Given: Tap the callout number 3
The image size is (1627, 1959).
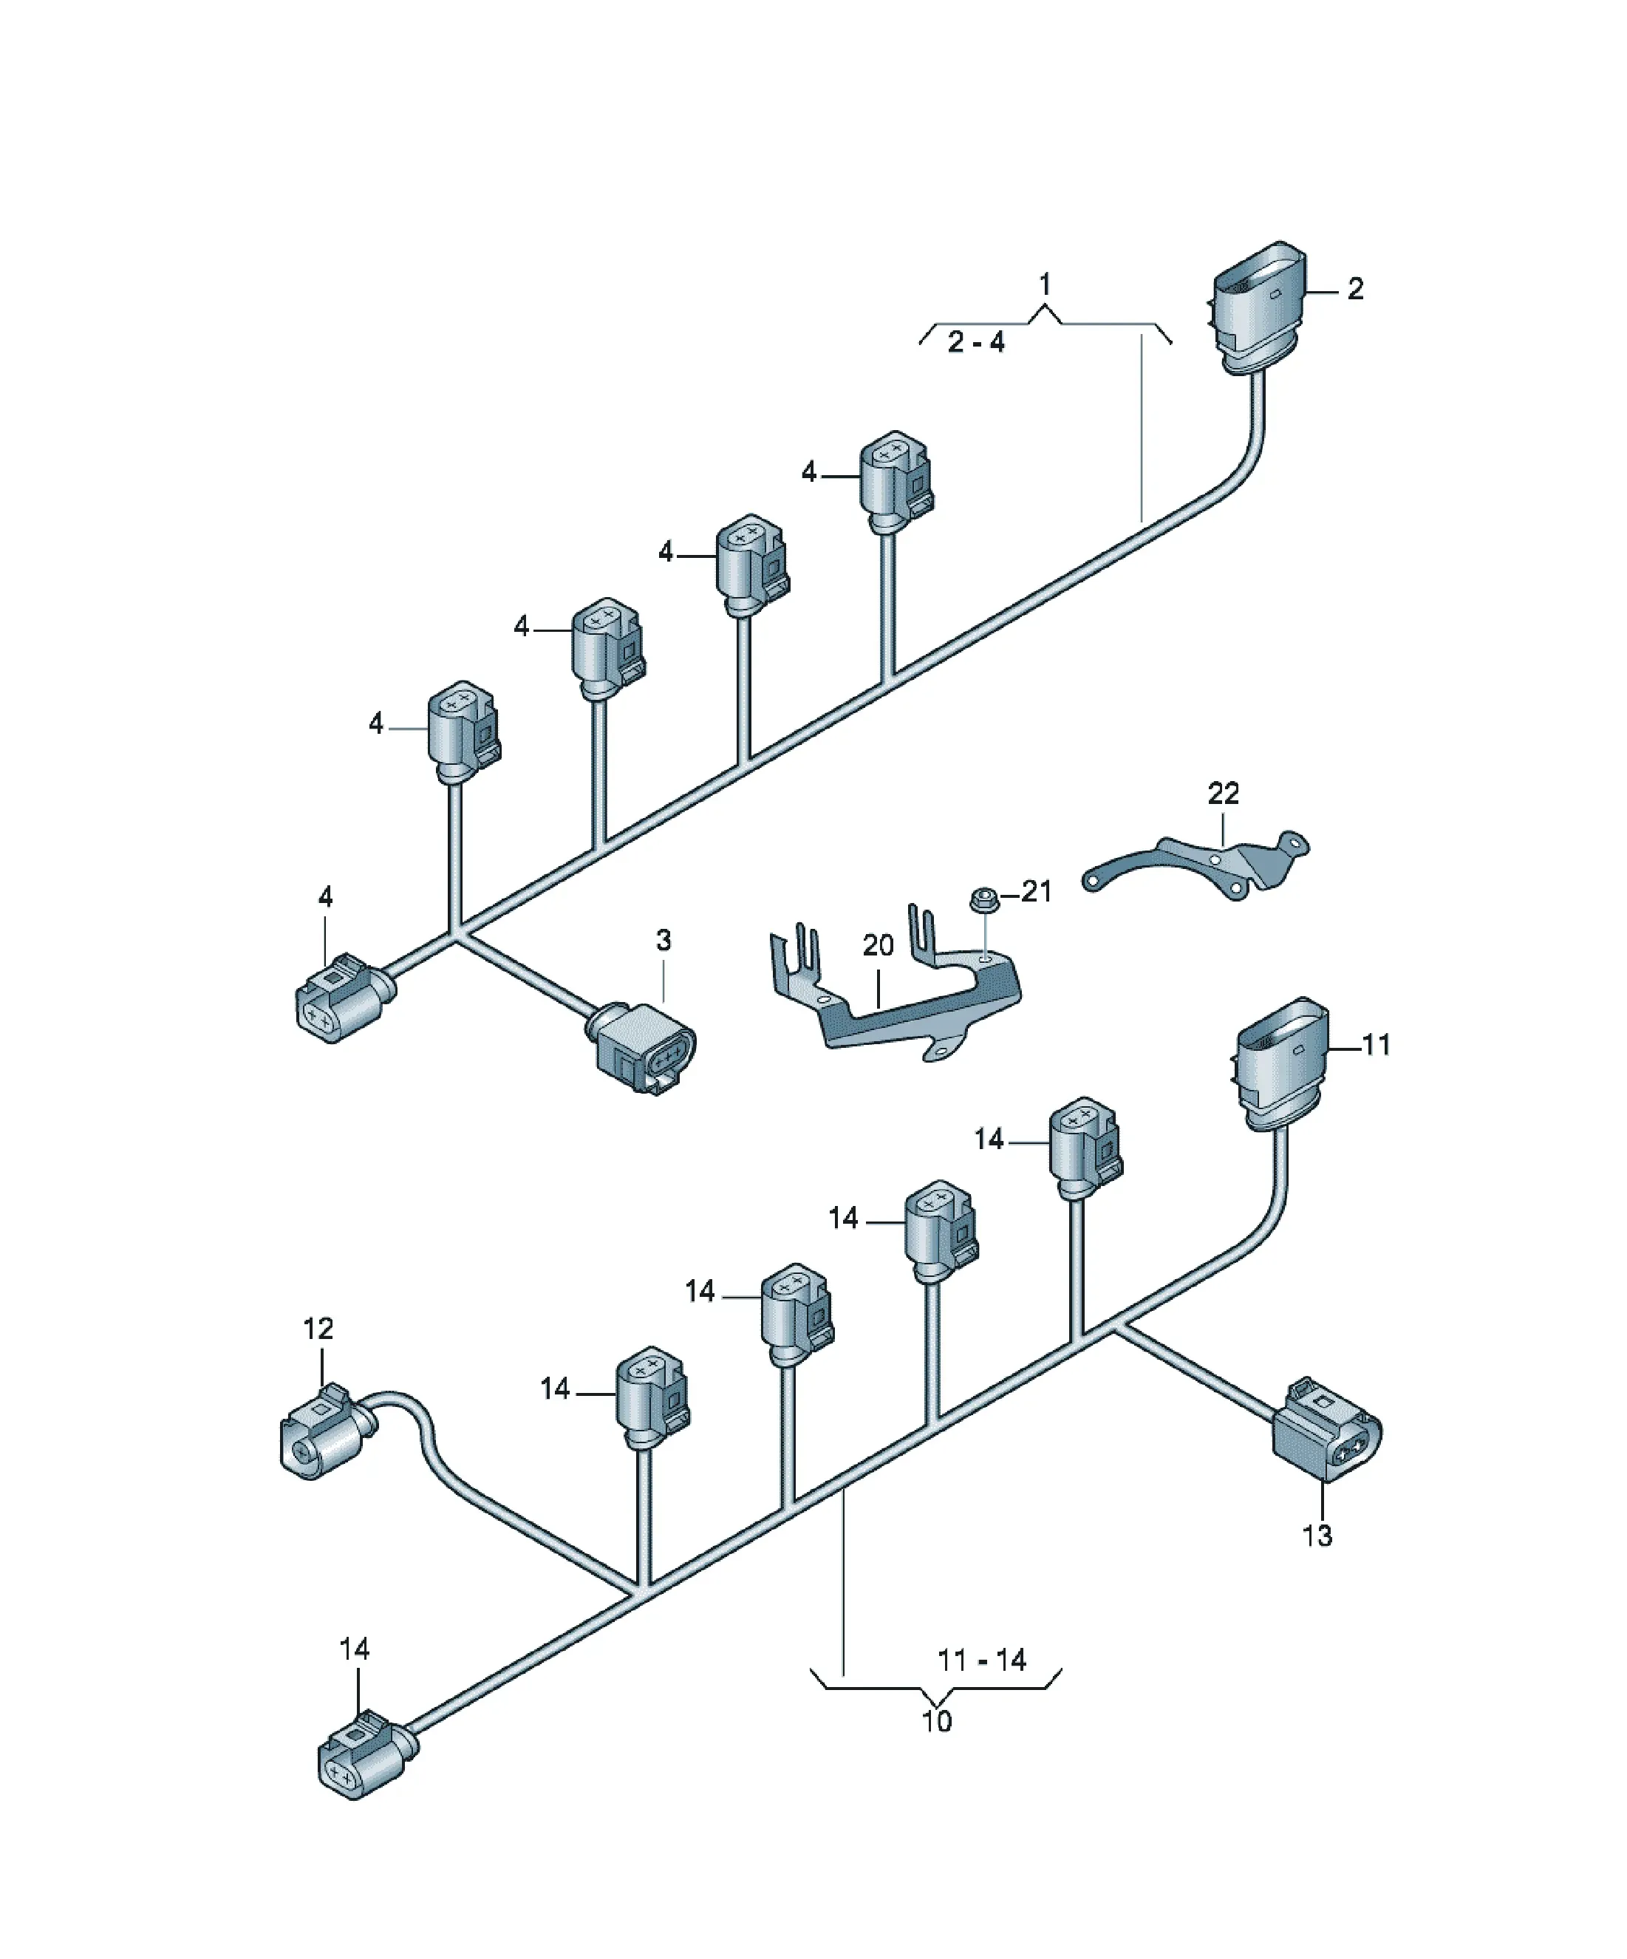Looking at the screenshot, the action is coord(664,939).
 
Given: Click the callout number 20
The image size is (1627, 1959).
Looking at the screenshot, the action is coord(878,946).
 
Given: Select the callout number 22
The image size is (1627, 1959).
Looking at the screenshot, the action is coord(1223,793).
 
